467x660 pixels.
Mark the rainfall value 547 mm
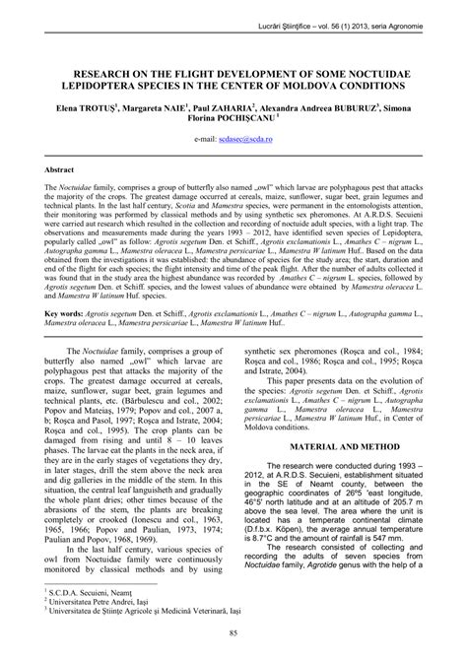406,542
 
